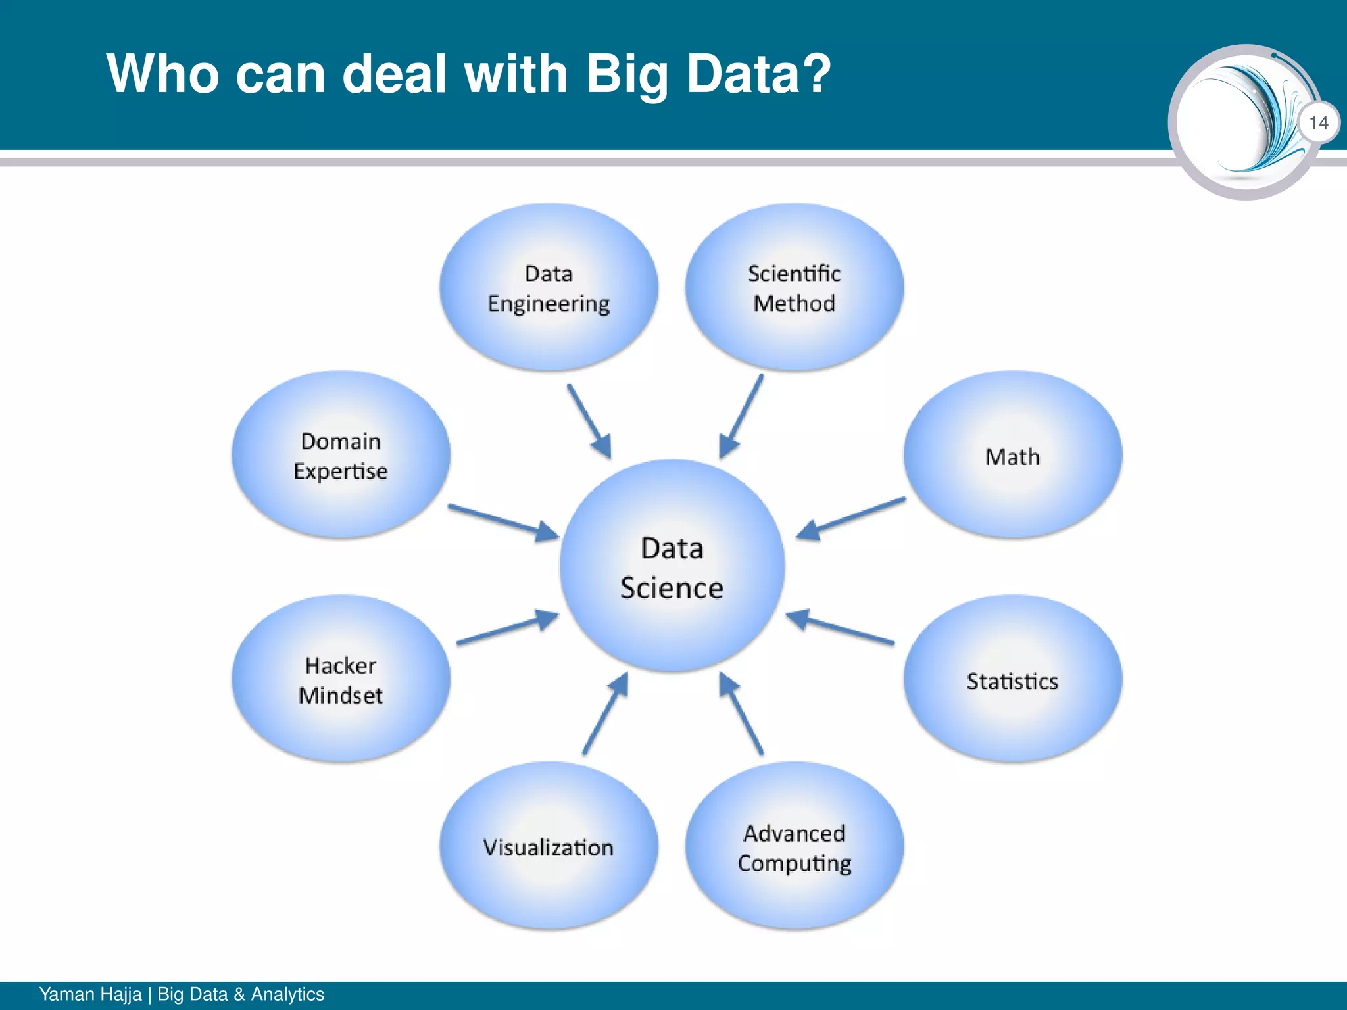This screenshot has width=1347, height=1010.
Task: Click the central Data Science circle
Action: (672, 566)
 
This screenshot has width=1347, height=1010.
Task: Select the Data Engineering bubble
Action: (549, 288)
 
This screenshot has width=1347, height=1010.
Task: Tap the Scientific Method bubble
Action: (794, 288)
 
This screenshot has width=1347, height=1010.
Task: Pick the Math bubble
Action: (1012, 455)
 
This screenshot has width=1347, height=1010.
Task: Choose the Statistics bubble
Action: (1012, 680)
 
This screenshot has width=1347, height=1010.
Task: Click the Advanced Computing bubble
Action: (794, 847)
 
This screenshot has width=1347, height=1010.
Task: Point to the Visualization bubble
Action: (549, 847)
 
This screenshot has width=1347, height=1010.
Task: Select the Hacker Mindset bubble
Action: (341, 680)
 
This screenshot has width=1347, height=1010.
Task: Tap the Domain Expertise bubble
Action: (341, 455)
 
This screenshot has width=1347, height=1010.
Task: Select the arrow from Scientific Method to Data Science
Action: (741, 417)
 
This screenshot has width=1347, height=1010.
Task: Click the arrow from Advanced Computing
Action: (741, 714)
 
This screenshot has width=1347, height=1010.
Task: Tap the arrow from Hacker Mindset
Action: (507, 628)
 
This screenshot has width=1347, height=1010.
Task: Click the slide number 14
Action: (1318, 122)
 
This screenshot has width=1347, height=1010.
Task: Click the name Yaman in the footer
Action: (64, 994)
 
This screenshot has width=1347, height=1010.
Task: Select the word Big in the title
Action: (625, 74)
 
